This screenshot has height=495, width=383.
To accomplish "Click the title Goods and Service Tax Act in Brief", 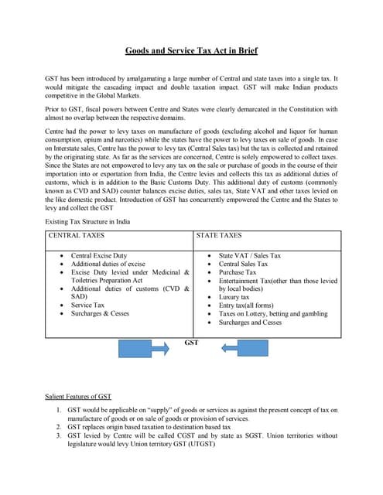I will (x=191, y=51).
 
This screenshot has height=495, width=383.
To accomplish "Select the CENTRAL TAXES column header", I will (x=77, y=235).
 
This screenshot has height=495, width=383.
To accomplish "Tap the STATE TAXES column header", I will (x=219, y=235).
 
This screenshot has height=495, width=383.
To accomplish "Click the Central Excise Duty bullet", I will (x=99, y=255).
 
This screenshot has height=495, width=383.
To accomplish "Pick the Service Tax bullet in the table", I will (x=89, y=306).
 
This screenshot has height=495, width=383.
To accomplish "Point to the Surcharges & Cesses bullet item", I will (x=100, y=314).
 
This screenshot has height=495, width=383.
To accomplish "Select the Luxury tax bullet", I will (x=234, y=297).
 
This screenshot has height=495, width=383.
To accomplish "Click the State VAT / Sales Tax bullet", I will (x=250, y=255).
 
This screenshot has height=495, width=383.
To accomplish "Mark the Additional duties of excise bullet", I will (x=108, y=264).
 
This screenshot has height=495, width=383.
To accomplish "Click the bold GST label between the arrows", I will (x=192, y=341).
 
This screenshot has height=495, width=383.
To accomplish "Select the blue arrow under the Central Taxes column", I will (x=138, y=349).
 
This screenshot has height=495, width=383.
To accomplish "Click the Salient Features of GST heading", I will (x=78, y=396).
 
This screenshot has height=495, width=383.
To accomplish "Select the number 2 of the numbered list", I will (x=60, y=426).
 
